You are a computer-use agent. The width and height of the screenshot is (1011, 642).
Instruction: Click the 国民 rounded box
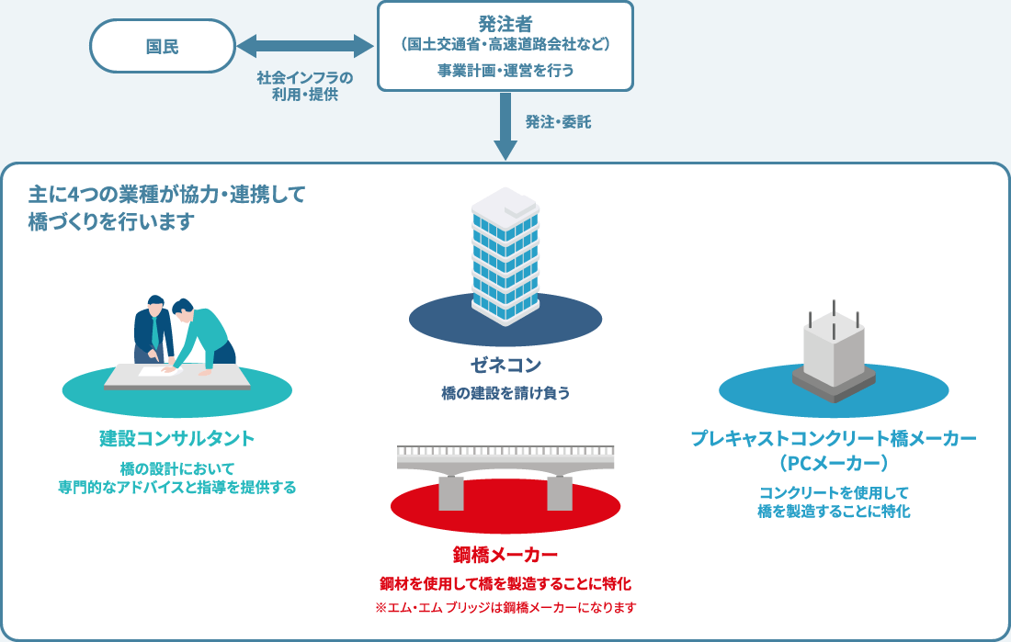[163, 46]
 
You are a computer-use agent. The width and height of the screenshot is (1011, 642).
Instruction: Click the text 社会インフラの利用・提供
[305, 85]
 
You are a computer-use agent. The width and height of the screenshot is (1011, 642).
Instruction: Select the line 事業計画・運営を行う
[505, 70]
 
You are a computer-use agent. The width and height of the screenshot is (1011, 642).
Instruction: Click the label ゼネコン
[505, 365]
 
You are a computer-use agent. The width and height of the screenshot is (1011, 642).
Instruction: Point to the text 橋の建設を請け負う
[505, 394]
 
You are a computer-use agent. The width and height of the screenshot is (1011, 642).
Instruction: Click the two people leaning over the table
[184, 331]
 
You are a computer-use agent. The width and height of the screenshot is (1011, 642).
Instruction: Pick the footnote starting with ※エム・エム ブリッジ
[505, 607]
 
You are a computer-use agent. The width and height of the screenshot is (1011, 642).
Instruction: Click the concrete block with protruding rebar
[834, 354]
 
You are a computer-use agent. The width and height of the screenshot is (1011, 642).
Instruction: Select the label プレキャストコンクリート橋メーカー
[834, 438]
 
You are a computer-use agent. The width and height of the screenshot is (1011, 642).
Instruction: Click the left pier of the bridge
[451, 491]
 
